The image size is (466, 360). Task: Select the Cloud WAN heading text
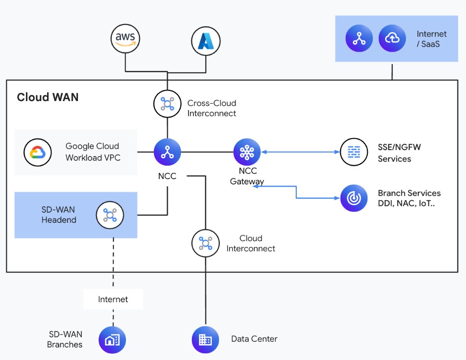tap(48, 97)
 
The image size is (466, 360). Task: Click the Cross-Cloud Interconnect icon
tap(167, 103)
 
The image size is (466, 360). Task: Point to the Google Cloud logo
tap(38, 152)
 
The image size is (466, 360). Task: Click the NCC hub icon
tap(167, 152)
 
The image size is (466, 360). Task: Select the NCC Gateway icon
tap(247, 152)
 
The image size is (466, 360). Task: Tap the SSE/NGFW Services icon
tap(354, 152)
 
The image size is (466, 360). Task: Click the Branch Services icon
tap(354, 198)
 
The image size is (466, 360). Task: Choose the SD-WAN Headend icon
tap(110, 215)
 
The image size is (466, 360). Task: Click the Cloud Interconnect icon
tap(205, 243)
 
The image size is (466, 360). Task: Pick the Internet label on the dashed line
tap(113, 299)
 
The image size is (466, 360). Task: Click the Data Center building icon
tap(205, 340)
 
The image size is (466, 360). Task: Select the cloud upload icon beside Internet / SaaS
tap(392, 39)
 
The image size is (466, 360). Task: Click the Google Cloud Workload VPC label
tap(92, 152)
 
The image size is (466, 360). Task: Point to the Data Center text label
tap(254, 339)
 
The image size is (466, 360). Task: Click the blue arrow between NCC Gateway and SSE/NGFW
tap(301, 152)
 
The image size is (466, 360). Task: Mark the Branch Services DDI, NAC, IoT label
tap(409, 198)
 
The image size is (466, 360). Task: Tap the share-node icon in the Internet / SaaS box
tap(359, 39)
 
